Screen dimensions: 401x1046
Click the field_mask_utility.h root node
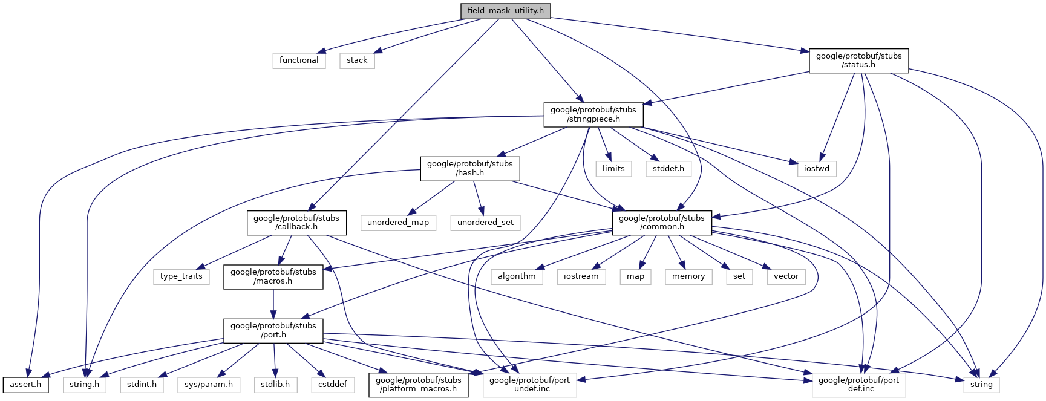(x=505, y=11)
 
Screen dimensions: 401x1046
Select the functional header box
(x=299, y=60)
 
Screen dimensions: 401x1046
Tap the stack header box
(x=357, y=60)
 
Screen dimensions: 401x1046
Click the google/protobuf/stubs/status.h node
(x=858, y=60)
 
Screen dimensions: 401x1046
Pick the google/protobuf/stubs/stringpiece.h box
(x=593, y=114)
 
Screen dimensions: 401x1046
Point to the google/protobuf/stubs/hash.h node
(x=469, y=168)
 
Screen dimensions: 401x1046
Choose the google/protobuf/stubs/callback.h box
(x=296, y=223)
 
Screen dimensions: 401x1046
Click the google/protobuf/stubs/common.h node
(x=662, y=223)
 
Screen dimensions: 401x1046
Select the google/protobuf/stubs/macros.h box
(x=273, y=276)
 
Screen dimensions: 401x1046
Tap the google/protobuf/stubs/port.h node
(x=273, y=330)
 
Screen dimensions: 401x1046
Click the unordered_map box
(x=398, y=223)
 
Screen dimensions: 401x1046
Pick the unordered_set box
(x=485, y=223)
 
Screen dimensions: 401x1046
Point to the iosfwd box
(x=817, y=169)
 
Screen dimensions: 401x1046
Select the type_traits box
(x=181, y=276)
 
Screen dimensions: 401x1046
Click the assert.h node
(x=25, y=385)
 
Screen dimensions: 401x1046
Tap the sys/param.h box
(x=209, y=385)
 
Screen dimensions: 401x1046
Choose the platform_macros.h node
(x=419, y=385)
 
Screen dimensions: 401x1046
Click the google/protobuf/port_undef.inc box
(x=529, y=385)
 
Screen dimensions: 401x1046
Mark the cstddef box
(x=333, y=385)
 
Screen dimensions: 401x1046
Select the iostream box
(x=581, y=276)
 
